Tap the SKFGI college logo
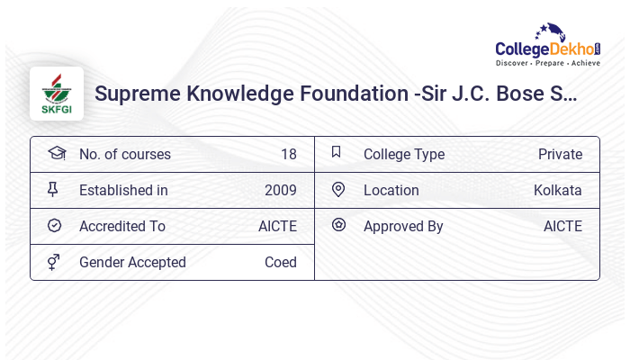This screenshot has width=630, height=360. pyautogui.click(x=56, y=94)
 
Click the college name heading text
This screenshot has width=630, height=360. pyautogui.click(x=336, y=94)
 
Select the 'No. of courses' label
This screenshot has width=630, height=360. pyautogui.click(x=124, y=155)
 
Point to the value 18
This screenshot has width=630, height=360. pyautogui.click(x=288, y=155)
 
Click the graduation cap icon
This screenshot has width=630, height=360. pyautogui.click(x=56, y=153)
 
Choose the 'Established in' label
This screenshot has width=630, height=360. pyautogui.click(x=123, y=191)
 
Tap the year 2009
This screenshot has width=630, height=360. pyautogui.click(x=280, y=191)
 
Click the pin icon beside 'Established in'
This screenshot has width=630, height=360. pyautogui.click(x=53, y=189)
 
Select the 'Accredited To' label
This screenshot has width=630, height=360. pyautogui.click(x=121, y=227)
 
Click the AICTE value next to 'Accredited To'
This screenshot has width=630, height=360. pyautogui.click(x=277, y=227)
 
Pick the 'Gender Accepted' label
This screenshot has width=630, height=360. pyautogui.click(x=132, y=263)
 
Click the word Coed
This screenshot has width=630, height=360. pyautogui.click(x=280, y=263)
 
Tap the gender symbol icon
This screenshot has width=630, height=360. pyautogui.click(x=53, y=262)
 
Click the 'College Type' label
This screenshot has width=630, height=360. pyautogui.click(x=403, y=155)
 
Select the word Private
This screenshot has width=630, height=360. pyautogui.click(x=560, y=155)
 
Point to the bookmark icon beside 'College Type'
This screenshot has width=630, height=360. pyautogui.click(x=337, y=152)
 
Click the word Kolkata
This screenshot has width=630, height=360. pyautogui.click(x=557, y=191)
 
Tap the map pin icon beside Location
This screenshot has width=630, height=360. pyautogui.click(x=338, y=189)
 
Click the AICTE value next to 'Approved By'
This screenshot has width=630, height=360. pyautogui.click(x=562, y=227)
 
